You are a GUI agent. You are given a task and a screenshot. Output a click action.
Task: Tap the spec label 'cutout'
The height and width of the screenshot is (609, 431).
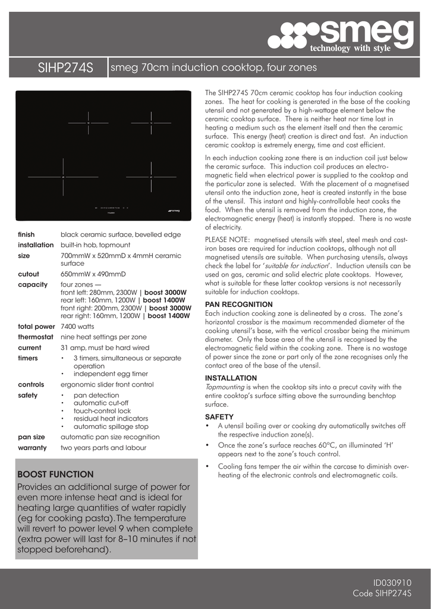coord(29,274)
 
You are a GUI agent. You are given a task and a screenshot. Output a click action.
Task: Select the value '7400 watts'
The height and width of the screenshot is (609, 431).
coord(77,327)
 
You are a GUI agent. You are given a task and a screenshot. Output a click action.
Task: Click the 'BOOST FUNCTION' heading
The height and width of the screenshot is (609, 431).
coord(55,475)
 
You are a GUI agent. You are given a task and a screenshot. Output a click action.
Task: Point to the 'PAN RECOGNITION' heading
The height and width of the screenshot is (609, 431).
coord(239,304)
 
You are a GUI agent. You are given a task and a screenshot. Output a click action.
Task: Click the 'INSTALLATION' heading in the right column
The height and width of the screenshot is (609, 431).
coord(231,378)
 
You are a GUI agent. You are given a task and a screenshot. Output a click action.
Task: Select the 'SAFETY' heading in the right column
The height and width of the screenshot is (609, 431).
coord(219,417)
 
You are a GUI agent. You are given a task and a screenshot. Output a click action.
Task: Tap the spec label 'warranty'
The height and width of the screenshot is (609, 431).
coord(32,447)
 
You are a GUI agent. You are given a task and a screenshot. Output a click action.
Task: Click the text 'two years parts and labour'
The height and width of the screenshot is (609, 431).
coord(103,447)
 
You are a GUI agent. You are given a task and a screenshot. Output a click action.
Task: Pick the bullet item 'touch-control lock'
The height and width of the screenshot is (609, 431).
coord(102,411)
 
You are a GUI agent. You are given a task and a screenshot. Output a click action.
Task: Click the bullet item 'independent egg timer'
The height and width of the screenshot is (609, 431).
coord(111,373)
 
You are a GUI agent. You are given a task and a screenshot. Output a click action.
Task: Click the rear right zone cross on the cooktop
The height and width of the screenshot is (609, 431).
coord(151,123)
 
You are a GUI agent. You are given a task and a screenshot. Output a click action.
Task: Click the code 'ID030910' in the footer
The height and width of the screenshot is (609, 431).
coord(392,583)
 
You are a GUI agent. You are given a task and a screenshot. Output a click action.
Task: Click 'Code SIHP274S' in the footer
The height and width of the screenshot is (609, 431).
coord(382,594)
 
